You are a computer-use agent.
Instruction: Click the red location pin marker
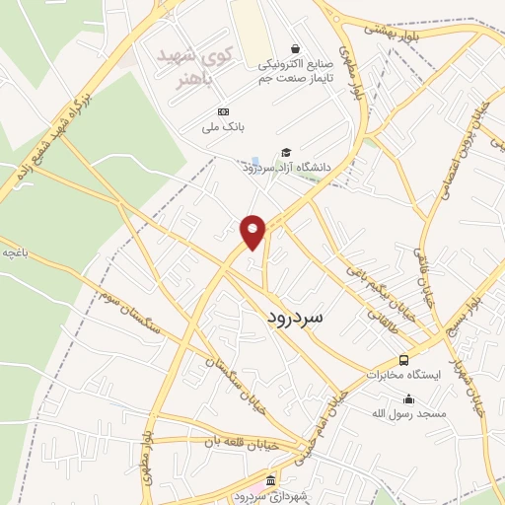coord(253,232)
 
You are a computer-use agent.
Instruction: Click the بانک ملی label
coord(223,127)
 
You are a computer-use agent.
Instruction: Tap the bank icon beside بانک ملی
coord(223,111)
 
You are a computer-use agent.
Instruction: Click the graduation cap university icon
coord(286,152)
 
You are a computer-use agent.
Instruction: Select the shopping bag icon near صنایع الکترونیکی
coord(295,48)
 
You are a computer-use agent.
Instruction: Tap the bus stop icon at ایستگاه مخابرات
coord(403,360)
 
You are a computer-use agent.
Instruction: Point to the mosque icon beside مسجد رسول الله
coord(408,399)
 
